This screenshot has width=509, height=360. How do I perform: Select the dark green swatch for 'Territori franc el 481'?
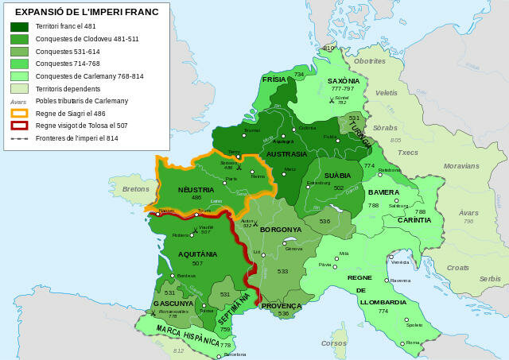click(x=19, y=26)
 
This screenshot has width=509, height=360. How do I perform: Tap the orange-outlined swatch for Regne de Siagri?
click(x=19, y=113)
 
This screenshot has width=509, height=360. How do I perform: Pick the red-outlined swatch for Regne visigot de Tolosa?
click(x=19, y=126)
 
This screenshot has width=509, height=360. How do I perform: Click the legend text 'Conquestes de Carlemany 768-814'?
click(x=89, y=75)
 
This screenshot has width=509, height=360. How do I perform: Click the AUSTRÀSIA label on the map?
click(x=286, y=153)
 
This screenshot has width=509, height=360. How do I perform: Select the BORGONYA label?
click(x=281, y=229)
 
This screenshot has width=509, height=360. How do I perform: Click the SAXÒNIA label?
click(x=344, y=81)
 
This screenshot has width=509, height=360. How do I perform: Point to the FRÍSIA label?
click(x=274, y=79)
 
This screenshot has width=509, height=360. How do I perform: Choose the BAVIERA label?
click(x=383, y=192)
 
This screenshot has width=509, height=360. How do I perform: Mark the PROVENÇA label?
click(x=282, y=305)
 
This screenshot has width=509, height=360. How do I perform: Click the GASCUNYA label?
click(x=173, y=304)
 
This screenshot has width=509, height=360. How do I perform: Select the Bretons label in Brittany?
click(x=135, y=189)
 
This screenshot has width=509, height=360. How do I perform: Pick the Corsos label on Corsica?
click(x=333, y=343)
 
